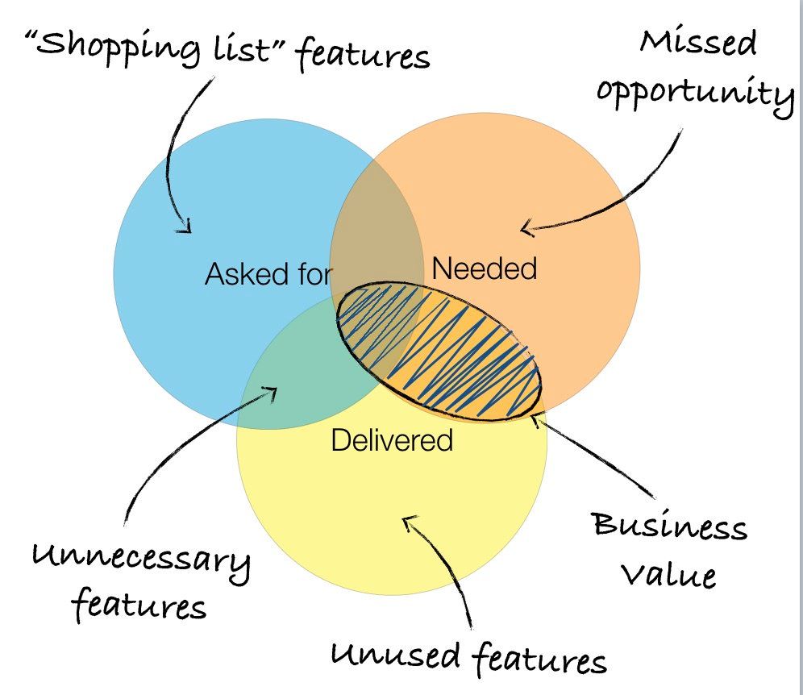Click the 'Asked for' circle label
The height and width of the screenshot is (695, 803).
[268, 275]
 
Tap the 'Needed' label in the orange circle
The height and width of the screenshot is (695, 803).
[485, 268]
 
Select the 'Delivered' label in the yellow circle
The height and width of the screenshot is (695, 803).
[392, 440]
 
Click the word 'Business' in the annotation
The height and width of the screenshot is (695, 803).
[670, 528]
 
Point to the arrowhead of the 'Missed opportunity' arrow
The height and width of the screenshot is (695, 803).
[526, 229]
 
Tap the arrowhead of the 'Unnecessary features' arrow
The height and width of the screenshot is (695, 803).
[271, 393]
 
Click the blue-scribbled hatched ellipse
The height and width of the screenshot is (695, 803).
[439, 352]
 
